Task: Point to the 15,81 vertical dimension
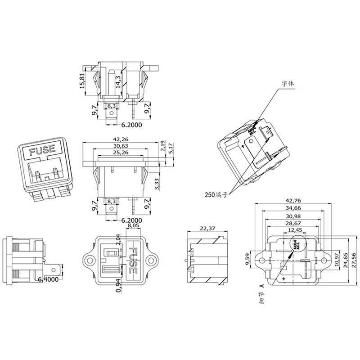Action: [82, 81]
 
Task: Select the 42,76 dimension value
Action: [293, 201]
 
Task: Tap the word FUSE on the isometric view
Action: [41, 150]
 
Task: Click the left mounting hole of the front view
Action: [89, 260]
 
